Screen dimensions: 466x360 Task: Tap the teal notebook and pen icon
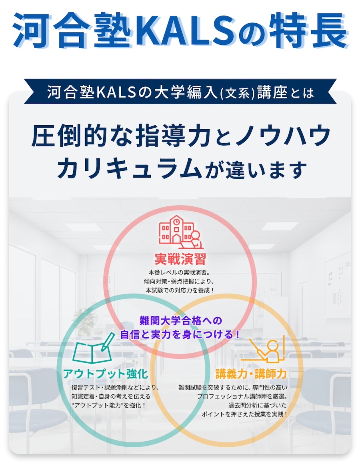point(92,348)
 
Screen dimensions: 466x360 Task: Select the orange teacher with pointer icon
point(267,350)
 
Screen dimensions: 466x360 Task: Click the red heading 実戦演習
point(180,259)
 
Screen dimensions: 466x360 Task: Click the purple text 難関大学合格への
point(180,320)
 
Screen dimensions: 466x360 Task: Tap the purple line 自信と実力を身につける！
point(180,334)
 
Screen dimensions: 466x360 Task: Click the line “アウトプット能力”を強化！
point(108,405)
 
